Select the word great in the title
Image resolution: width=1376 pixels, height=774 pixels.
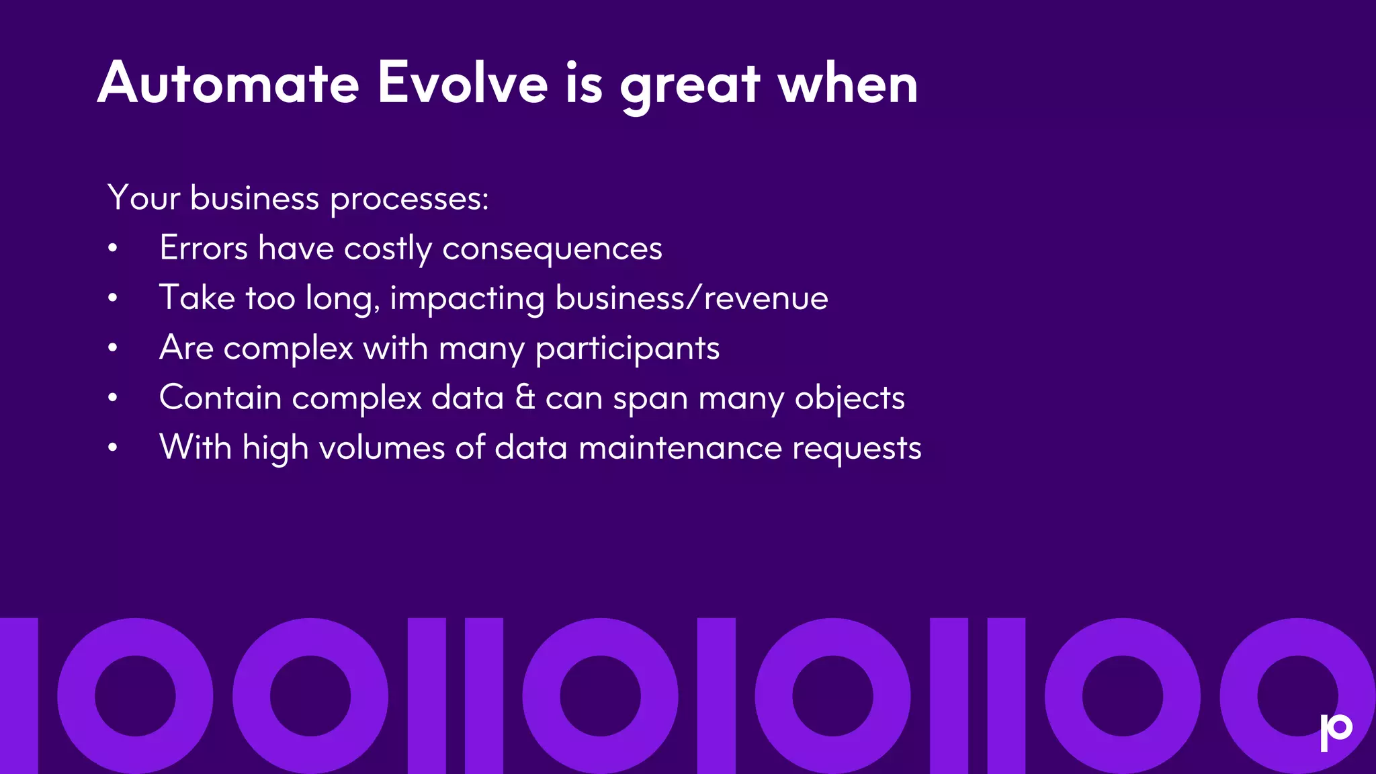click(x=690, y=87)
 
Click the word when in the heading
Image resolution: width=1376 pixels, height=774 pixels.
click(x=848, y=85)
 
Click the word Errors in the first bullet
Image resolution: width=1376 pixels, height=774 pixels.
click(x=204, y=248)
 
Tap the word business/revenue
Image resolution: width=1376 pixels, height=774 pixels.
click(x=691, y=298)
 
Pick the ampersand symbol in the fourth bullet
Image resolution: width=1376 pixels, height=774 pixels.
click(x=525, y=397)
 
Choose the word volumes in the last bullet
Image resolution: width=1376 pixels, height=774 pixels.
click(x=382, y=448)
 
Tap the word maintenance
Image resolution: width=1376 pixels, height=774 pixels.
click(x=680, y=448)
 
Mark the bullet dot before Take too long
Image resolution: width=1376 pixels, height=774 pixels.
click(x=113, y=298)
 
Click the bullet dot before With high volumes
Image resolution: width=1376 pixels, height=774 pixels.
click(x=113, y=447)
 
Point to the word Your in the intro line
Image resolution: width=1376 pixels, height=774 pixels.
click(x=144, y=198)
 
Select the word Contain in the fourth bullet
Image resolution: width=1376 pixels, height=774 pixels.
click(x=220, y=397)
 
